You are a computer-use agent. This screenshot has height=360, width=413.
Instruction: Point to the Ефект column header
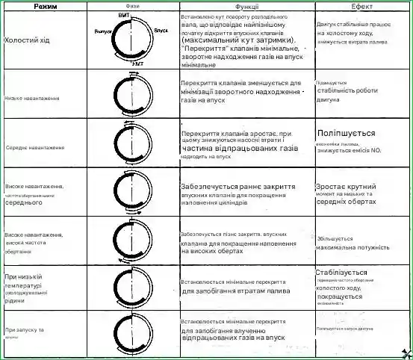pyautogui.click(x=361, y=6)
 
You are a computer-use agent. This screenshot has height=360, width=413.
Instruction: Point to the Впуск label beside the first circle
pyautogui.click(x=161, y=31)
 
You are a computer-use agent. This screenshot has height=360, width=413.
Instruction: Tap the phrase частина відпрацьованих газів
pyautogui.click(x=239, y=149)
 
